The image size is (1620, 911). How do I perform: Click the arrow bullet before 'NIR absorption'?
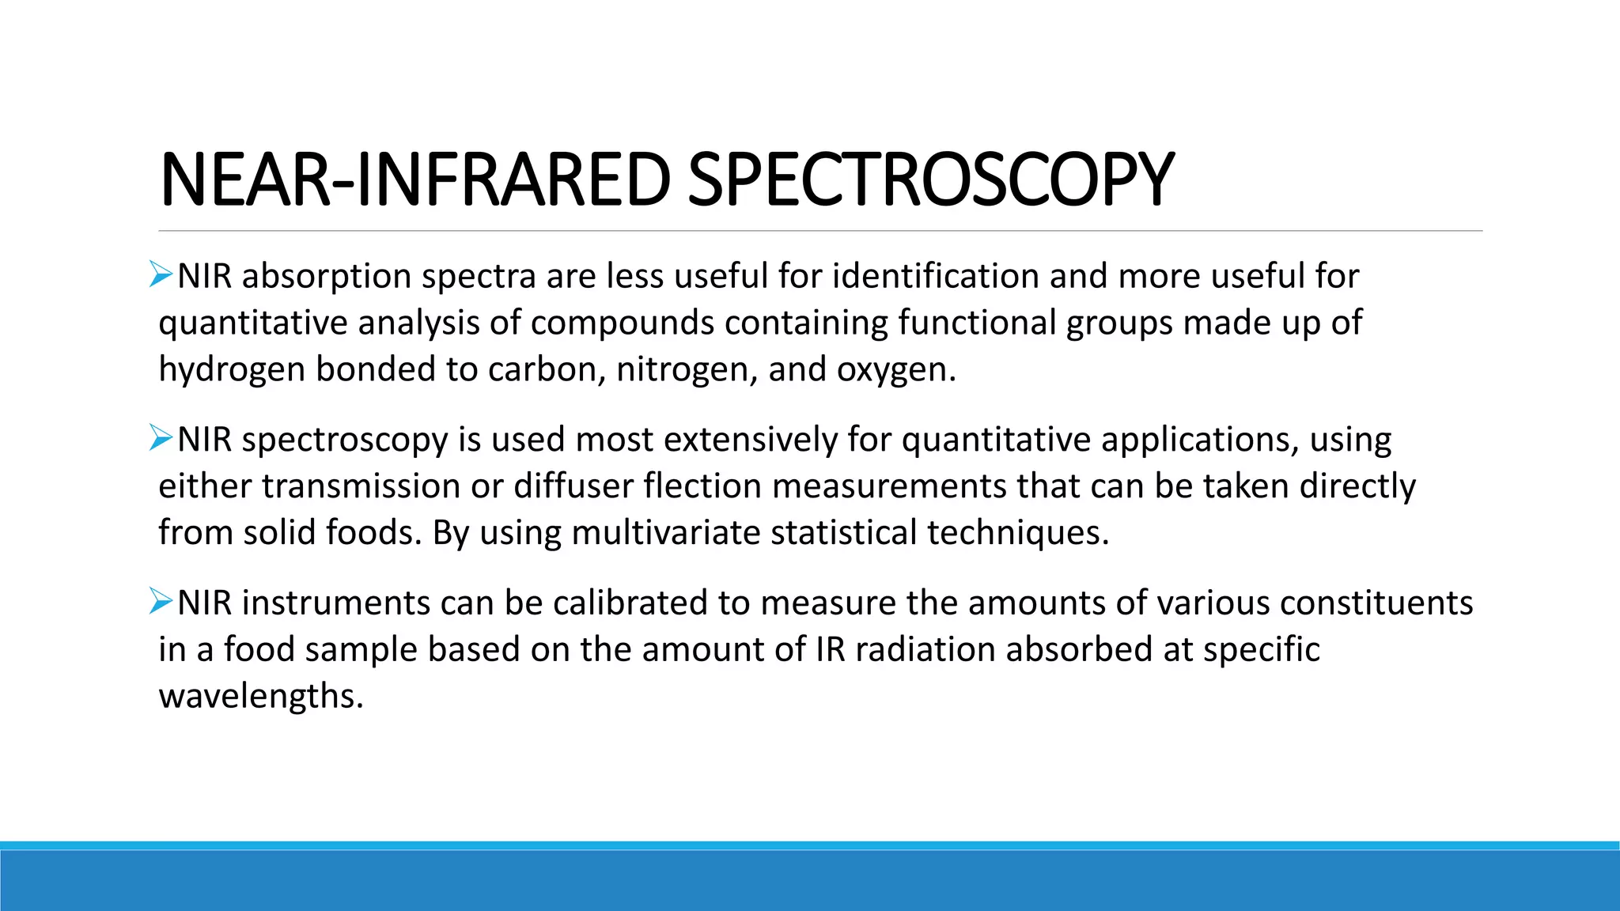coord(161,275)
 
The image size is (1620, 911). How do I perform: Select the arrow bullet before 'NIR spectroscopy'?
coord(161,438)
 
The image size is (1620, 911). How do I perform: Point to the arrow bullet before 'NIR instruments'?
coord(161,602)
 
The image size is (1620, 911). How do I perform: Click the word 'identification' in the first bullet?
coord(936,276)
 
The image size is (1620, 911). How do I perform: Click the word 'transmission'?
coord(361,486)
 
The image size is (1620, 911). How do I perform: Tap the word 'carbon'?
coord(546,369)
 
